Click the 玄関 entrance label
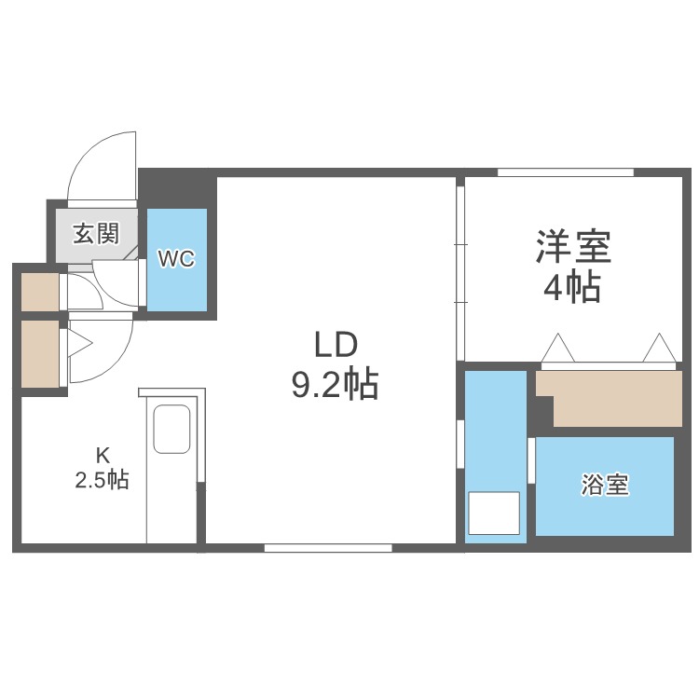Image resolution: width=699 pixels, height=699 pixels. (96, 233)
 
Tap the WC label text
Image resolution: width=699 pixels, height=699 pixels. (176, 259)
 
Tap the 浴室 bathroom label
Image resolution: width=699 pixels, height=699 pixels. (605, 486)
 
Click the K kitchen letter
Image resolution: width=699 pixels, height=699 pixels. (103, 456)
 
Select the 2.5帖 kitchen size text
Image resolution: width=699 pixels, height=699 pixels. (102, 481)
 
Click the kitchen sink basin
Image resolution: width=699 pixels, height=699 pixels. (171, 430)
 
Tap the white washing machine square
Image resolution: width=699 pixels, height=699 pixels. (493, 513)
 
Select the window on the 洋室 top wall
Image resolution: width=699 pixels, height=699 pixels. (565, 172)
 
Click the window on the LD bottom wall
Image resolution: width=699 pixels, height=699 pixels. (327, 548)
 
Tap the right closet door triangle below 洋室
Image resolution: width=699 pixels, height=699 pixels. (661, 349)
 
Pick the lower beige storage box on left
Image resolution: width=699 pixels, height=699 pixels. (40, 354)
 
